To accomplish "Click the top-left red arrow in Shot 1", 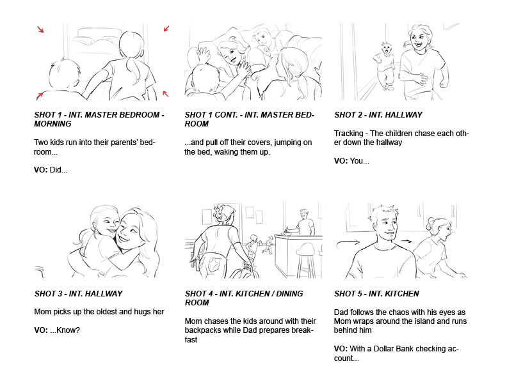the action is click(40, 29).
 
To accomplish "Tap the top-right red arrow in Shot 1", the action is click(166, 28).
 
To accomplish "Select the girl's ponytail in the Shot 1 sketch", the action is click(133, 66).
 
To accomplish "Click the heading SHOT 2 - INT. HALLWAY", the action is click(378, 115).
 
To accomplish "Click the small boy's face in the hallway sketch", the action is click(386, 49).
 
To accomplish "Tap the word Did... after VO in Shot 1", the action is click(58, 170).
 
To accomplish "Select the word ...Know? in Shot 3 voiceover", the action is click(65, 330).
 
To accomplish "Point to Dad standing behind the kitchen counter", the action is click(304, 222).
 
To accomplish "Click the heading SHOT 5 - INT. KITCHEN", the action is click(376, 294).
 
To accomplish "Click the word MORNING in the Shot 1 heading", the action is click(52, 124).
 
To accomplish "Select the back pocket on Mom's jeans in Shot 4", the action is click(213, 264).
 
